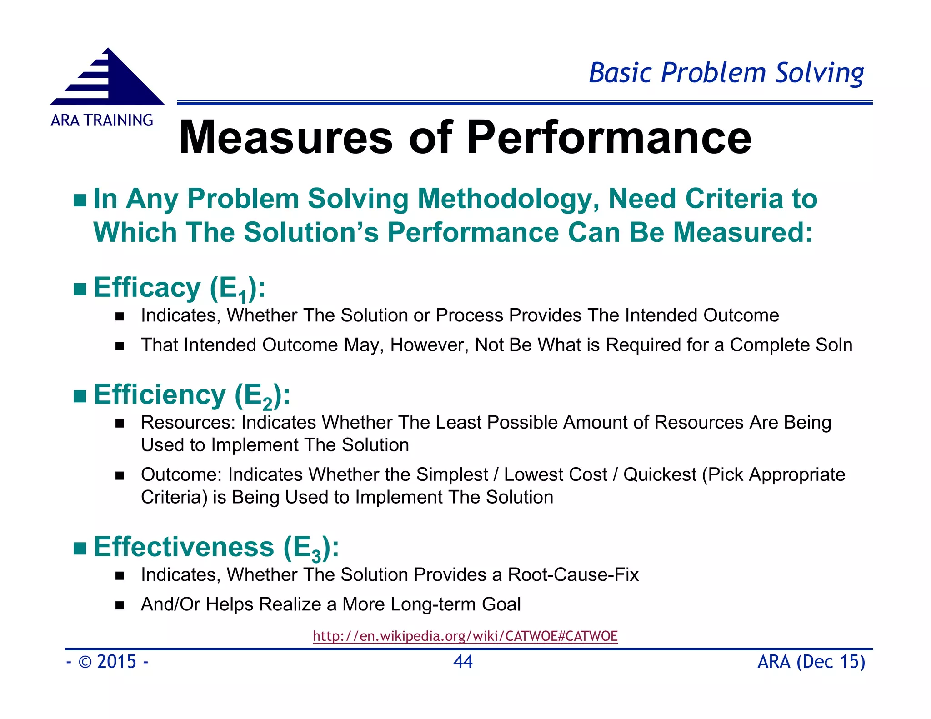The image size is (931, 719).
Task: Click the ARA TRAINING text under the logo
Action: coord(102,120)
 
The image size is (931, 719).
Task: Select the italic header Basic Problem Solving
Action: coord(726,73)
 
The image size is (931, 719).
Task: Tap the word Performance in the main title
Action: coord(609,138)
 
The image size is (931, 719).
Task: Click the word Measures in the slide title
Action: coord(285,138)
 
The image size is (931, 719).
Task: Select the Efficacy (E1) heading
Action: coord(179,288)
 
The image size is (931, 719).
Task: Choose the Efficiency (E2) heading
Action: coord(191,395)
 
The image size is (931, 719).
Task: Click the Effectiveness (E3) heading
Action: coord(216,547)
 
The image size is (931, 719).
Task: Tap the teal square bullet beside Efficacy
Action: coord(80,289)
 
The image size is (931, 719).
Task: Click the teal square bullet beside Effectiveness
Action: coord(80,549)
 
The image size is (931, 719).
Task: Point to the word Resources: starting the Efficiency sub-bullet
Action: coord(188,423)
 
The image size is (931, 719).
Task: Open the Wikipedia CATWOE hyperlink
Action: coord(465,636)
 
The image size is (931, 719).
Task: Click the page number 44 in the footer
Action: coord(463,662)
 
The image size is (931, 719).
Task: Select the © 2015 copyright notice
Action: coord(107,662)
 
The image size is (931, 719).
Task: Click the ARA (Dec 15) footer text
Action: coord(811,662)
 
